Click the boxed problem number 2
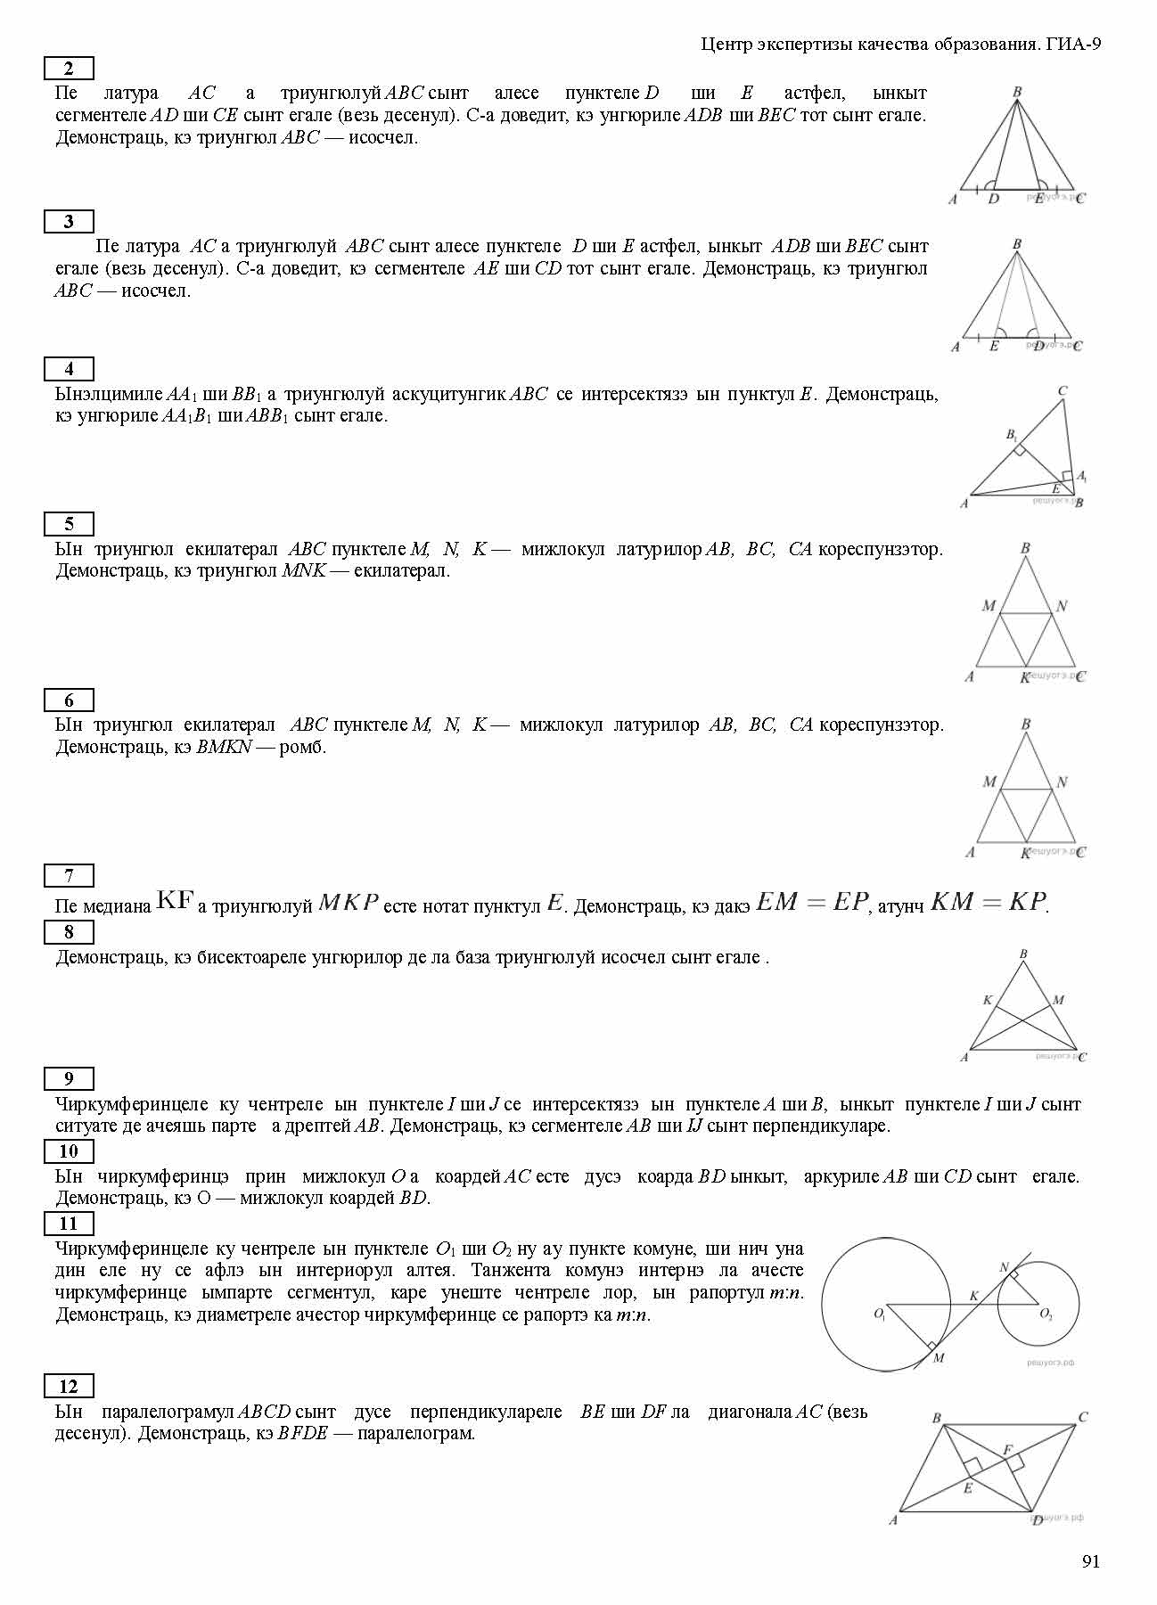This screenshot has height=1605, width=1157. [x=69, y=69]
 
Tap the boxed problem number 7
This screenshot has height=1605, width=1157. [x=69, y=876]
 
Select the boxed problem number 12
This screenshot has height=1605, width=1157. [x=69, y=1387]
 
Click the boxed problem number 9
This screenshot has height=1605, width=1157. [x=69, y=1079]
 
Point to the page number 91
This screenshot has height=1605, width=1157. [x=1091, y=1561]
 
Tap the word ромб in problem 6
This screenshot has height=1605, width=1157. [x=303, y=748]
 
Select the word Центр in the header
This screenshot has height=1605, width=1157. [x=725, y=44]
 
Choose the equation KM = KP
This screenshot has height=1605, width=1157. [x=988, y=902]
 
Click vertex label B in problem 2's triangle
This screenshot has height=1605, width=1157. [x=1017, y=91]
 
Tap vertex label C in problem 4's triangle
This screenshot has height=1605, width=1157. [x=1063, y=390]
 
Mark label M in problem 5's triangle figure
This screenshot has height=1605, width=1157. [x=988, y=606]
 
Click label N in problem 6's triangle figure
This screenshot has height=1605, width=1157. [x=1062, y=782]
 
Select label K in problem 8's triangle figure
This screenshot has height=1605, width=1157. [x=987, y=1000]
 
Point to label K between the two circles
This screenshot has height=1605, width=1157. [x=973, y=1296]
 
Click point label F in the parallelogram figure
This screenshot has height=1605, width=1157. [x=1007, y=1451]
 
